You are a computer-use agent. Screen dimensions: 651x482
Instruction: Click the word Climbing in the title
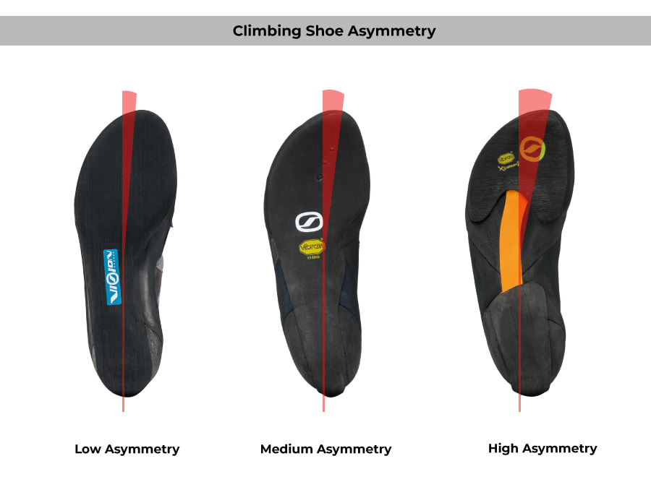(x=265, y=31)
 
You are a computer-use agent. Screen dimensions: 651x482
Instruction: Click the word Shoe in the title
(x=324, y=31)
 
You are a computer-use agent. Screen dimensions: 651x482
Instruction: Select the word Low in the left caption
(x=88, y=449)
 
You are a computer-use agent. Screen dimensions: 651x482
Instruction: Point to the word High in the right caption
(x=503, y=448)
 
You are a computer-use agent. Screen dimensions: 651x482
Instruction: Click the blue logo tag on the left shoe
(x=113, y=276)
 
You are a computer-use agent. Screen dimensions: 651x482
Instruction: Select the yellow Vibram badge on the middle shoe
(x=312, y=248)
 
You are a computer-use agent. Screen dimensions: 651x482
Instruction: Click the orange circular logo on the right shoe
(x=532, y=148)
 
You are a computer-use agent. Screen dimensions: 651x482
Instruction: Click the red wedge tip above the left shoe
(x=129, y=97)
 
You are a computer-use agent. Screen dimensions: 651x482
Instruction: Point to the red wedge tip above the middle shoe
(x=333, y=96)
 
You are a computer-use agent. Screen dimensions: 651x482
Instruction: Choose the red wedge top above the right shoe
(x=535, y=97)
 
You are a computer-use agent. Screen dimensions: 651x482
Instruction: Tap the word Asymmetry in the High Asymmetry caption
(x=561, y=448)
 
